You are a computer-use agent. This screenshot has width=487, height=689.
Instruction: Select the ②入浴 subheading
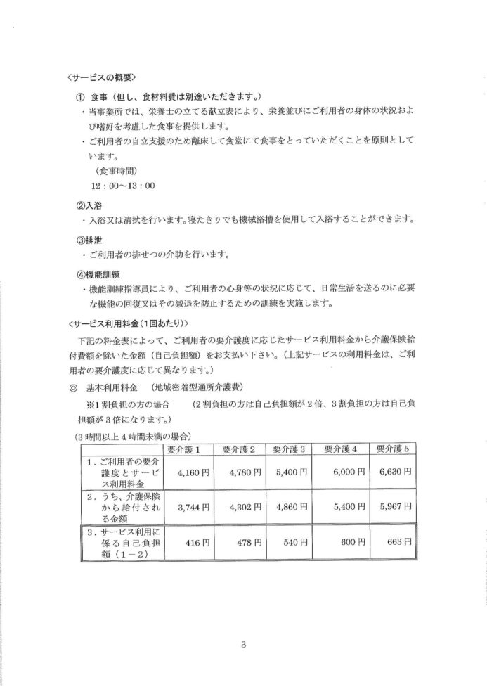click(89, 206)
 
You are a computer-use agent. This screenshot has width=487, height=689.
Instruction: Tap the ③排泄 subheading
click(89, 238)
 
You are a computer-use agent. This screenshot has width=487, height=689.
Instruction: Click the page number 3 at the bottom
click(242, 642)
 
